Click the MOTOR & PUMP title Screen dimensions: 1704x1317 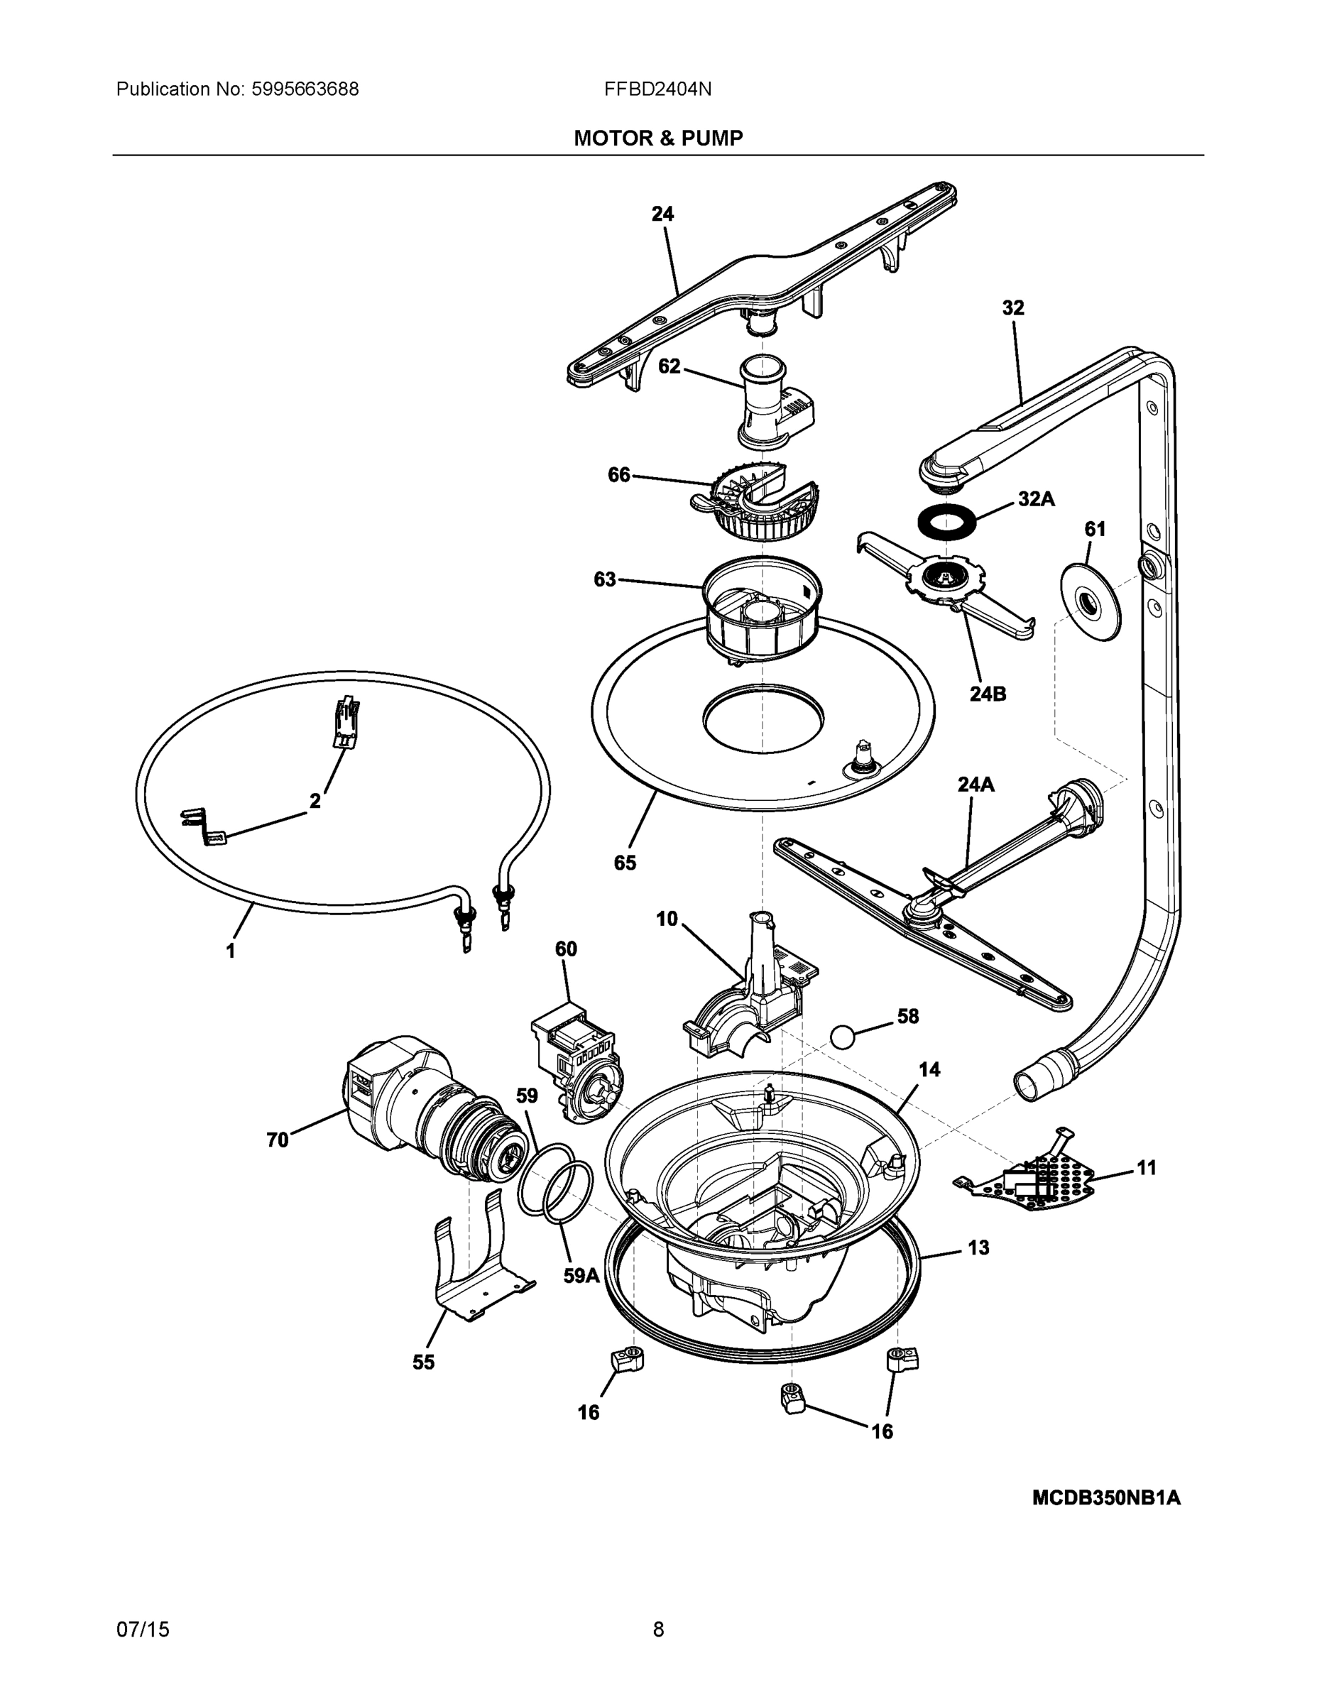pos(657,138)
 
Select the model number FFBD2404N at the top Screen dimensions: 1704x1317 pos(657,89)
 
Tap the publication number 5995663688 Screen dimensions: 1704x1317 pos(305,89)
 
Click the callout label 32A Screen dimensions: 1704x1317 pos(1035,499)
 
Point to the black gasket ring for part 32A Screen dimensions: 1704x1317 pos(946,520)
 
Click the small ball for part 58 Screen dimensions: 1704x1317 pos(843,1037)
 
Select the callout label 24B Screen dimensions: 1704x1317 pos(987,693)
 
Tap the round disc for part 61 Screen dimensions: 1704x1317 pos(1089,603)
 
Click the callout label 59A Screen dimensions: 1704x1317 pos(581,1276)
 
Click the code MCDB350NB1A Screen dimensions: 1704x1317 pos(1105,1497)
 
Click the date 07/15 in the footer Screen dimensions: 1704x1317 pos(143,1629)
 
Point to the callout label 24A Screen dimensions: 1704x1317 pos(976,784)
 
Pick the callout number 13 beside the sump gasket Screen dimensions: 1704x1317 pos(978,1247)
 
